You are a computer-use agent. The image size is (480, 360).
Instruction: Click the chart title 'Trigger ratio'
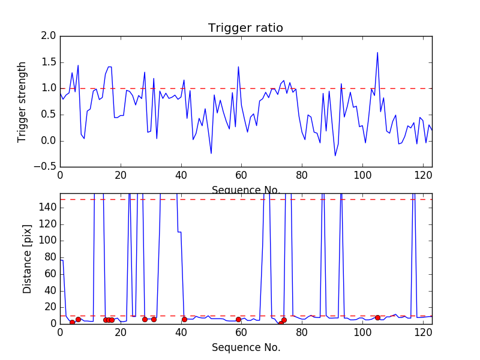[245, 28]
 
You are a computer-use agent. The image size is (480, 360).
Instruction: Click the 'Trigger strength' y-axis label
[22, 101]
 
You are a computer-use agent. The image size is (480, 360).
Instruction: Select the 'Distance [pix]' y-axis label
[27, 258]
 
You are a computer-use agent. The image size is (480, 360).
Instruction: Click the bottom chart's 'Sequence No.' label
[245, 347]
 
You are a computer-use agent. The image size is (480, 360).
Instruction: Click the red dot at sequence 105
[377, 317]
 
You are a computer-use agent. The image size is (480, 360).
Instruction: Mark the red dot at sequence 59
[238, 319]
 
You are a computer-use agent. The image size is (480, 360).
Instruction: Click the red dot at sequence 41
[184, 319]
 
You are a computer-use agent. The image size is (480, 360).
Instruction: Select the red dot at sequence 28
[145, 319]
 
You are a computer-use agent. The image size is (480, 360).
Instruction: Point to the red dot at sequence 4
[72, 322]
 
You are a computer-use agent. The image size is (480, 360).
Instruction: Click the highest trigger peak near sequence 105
[377, 52]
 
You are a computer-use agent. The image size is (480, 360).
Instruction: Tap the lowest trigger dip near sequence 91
[335, 156]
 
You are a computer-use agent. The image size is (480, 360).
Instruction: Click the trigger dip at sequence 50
[211, 154]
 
